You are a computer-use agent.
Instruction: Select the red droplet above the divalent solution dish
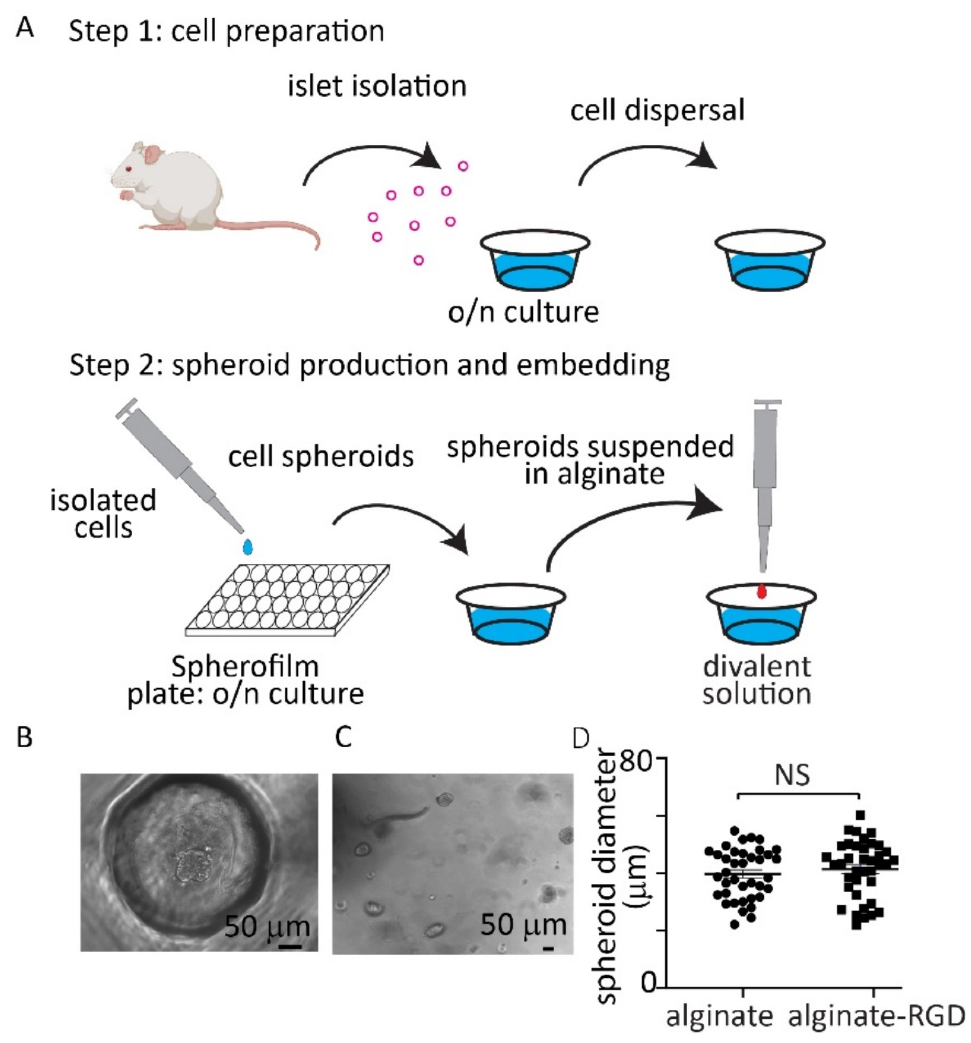[762, 592]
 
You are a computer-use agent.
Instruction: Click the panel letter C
[343, 738]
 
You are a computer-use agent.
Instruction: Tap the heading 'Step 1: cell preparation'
[227, 32]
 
